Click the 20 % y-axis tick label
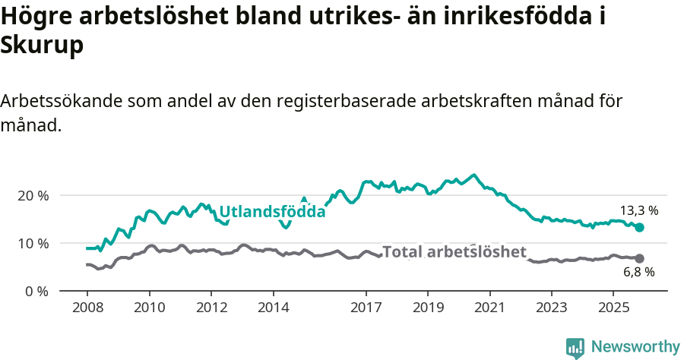click(32, 195)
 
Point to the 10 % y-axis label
click(32, 243)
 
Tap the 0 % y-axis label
click(36, 291)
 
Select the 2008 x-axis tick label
click(87, 308)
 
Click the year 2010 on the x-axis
click(149, 308)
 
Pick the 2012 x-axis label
click(211, 308)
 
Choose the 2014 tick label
click(274, 308)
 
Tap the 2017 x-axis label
click(366, 308)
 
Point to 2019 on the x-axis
click(428, 308)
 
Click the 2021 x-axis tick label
click(489, 308)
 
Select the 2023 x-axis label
click(552, 308)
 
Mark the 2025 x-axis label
click(614, 308)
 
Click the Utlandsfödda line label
click(272, 212)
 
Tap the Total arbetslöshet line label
click(454, 252)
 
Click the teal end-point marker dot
click(639, 227)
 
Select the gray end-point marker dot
click(639, 258)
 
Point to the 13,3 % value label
click(638, 210)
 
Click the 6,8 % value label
click(638, 272)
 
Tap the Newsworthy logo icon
click(575, 347)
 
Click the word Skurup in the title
click(42, 45)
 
